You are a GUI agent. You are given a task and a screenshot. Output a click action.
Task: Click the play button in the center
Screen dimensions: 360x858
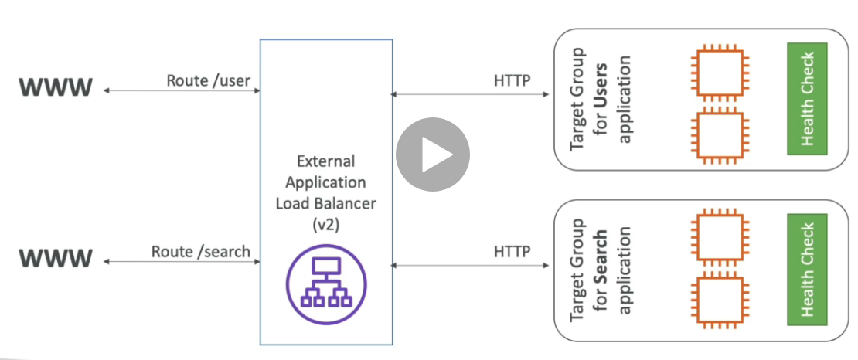coord(433,155)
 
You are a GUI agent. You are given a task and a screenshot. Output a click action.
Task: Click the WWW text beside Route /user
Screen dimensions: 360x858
coord(56,87)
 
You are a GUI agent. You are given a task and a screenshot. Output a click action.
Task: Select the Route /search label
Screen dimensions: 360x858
coord(201,251)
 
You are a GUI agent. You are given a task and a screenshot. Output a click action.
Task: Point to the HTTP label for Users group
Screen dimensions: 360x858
coord(512,80)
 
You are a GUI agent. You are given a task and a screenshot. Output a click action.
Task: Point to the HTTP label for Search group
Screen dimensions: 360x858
coord(512,252)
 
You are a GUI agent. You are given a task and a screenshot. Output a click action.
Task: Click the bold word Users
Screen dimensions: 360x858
coord(601,89)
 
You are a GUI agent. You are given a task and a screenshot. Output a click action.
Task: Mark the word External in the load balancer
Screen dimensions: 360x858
coord(325,161)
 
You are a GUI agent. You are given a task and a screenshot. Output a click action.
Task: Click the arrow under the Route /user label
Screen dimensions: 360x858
coord(182,91)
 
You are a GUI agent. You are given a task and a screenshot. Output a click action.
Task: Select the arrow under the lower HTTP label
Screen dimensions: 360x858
coord(472,266)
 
